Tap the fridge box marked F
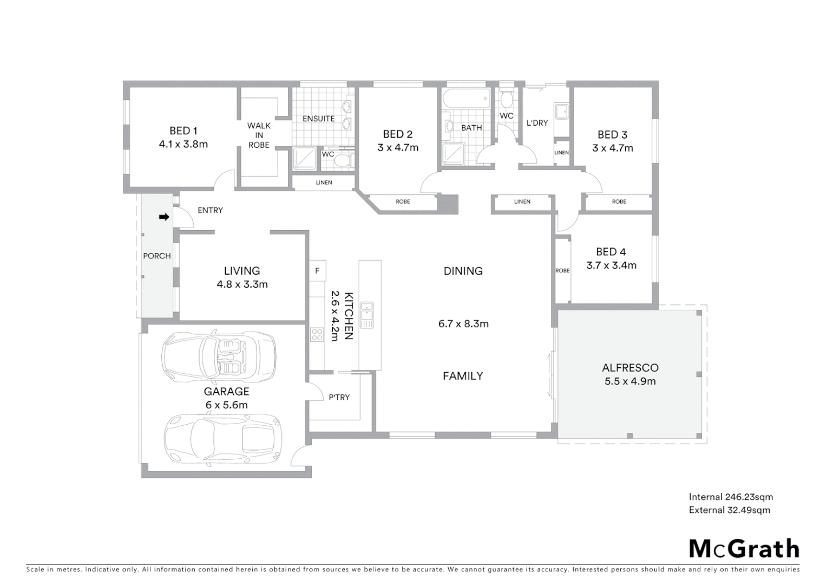click(317, 271)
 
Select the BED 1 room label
click(183, 131)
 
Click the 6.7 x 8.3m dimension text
click(463, 324)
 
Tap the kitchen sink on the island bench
click(367, 315)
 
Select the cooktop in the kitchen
click(317, 335)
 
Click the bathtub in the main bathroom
click(465, 99)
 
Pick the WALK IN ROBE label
click(259, 135)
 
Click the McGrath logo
click(744, 549)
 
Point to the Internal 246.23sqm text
click(731, 497)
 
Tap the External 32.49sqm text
click(729, 510)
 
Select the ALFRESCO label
click(630, 368)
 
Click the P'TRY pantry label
click(339, 397)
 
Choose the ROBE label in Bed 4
click(562, 270)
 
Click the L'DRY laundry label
click(537, 123)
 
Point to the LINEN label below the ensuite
click(324, 183)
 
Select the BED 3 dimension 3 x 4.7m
click(612, 148)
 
